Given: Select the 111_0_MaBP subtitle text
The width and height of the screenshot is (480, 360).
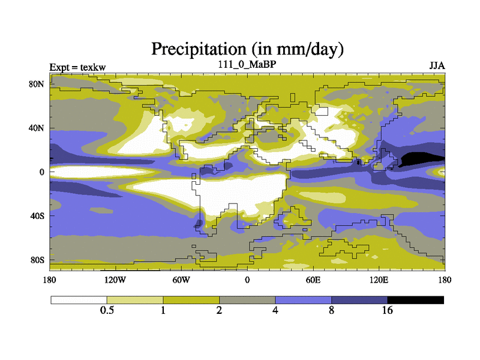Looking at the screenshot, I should pos(247,64).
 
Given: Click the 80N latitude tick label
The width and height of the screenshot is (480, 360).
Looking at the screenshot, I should pos(37,84).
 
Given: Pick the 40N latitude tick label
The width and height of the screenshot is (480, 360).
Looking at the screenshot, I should pos(37,128).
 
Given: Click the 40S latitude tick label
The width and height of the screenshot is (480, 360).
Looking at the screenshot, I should pos(37,216).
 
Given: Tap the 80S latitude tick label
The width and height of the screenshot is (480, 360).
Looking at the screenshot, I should pos(37,260).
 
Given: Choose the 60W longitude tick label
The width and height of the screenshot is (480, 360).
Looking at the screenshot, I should pos(181,280).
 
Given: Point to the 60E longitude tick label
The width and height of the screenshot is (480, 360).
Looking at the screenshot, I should pos(313,280).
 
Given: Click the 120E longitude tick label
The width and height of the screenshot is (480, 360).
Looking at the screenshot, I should pos(378,280).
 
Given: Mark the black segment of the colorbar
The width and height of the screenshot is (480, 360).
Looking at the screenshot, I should pos(415,299).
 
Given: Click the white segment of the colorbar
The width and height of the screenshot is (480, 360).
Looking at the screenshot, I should pos(79,299).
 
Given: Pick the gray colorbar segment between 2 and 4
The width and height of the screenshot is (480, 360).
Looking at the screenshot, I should pos(247,299).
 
